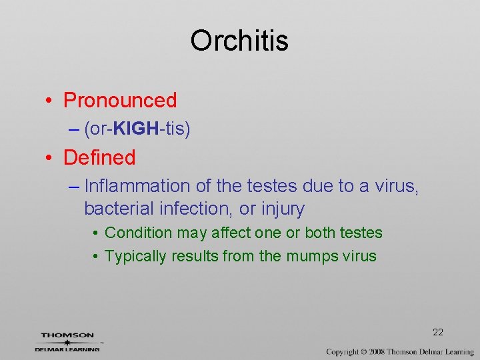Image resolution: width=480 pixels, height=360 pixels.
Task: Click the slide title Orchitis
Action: (x=239, y=41)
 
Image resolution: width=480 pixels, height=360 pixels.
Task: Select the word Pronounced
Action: (x=120, y=101)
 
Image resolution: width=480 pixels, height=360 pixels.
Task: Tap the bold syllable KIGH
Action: (x=135, y=129)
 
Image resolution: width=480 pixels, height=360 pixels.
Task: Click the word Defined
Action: (x=99, y=158)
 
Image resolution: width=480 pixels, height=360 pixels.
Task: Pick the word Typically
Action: (x=136, y=256)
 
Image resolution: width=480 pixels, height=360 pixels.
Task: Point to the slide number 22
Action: (x=438, y=332)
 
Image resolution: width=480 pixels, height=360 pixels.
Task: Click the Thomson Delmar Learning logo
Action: (x=67, y=341)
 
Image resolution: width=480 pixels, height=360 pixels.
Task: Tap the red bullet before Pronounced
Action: (x=50, y=101)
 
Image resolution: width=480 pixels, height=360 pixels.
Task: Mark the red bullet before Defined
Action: (x=50, y=159)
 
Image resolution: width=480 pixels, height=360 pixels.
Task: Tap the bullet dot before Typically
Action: (x=96, y=257)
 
